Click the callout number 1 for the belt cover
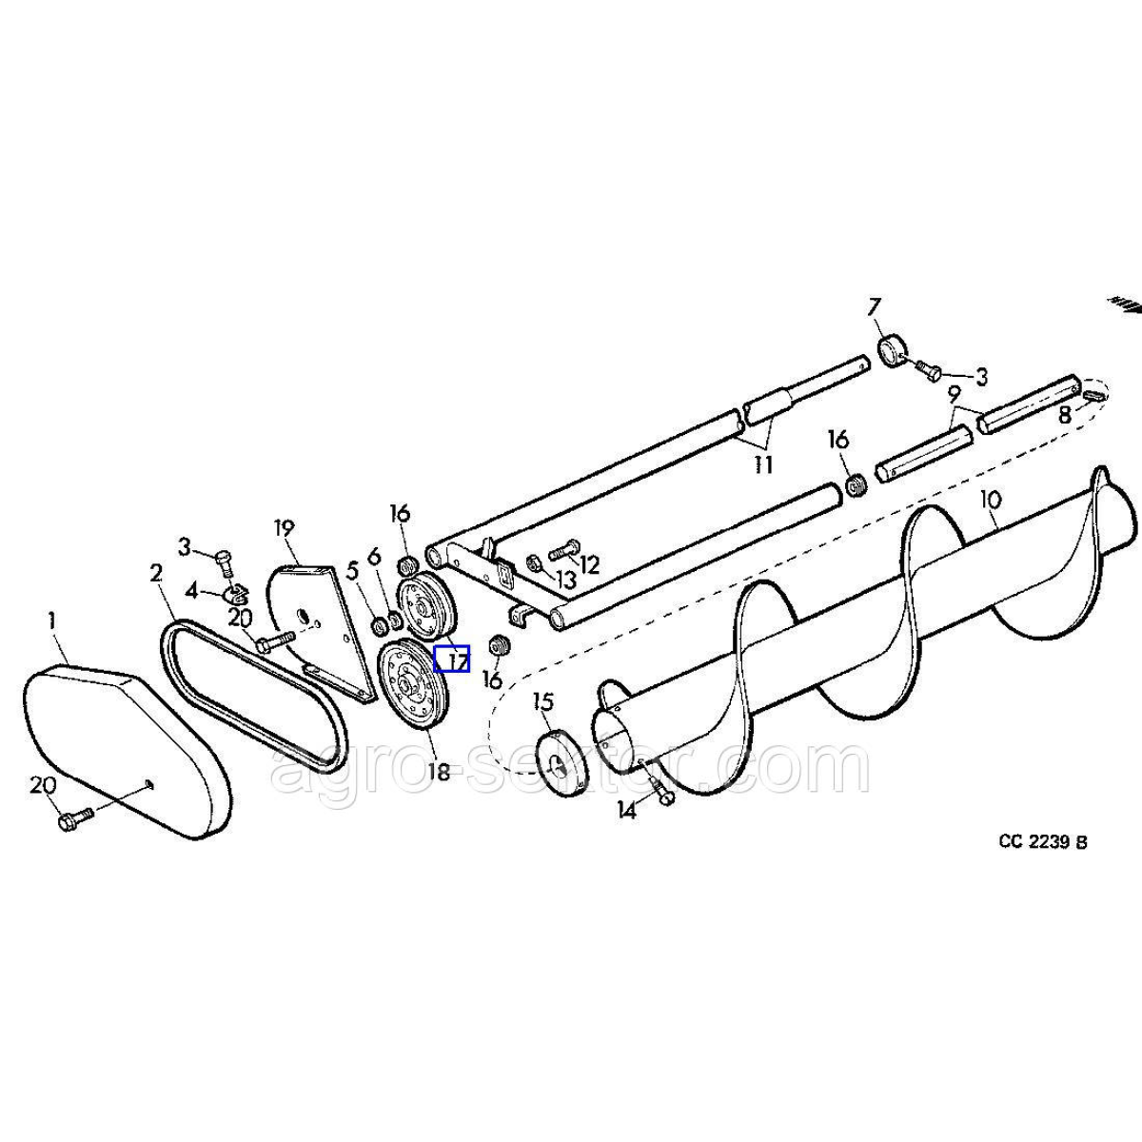click(x=52, y=621)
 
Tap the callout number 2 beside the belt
click(x=156, y=574)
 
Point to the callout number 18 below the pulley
click(x=439, y=771)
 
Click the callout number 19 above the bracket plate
click(x=285, y=528)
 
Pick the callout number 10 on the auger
click(x=991, y=500)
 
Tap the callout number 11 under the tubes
click(x=763, y=464)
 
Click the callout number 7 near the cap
click(x=875, y=308)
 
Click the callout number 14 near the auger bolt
click(x=626, y=810)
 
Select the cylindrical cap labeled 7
click(x=894, y=351)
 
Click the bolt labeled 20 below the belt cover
click(x=75, y=819)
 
